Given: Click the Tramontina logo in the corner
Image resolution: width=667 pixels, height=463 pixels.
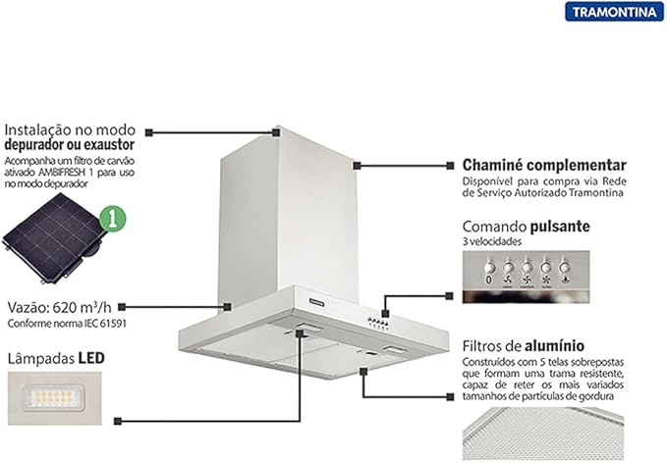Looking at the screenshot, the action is click(614, 12).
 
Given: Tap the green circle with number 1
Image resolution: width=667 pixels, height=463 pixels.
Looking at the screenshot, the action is click(112, 219).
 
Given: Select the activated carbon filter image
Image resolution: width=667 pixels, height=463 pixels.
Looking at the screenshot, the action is click(54, 237).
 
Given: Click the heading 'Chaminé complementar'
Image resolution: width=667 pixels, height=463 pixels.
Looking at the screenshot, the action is click(544, 165).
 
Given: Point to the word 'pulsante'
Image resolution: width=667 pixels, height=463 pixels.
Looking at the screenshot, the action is click(560, 227).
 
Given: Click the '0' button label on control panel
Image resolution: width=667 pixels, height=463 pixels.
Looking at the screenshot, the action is click(489, 280).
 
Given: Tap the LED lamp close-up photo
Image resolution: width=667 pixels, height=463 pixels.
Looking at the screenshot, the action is click(54, 398).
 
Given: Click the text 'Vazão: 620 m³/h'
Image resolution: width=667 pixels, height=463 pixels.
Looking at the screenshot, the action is click(60, 307).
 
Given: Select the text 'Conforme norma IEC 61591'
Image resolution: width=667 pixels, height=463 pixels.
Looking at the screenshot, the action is click(67, 324).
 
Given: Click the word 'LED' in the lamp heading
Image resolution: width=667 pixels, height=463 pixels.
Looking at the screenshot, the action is click(91, 358).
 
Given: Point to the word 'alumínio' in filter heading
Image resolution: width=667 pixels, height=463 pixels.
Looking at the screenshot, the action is click(554, 345).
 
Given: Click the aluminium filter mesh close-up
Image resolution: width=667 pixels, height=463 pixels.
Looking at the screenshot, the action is click(543, 434).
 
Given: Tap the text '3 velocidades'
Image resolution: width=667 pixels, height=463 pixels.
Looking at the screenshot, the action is click(492, 241).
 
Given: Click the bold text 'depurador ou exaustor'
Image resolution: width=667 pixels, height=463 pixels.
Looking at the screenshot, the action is click(70, 145).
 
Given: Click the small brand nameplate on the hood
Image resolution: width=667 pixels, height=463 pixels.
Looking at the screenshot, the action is click(317, 302).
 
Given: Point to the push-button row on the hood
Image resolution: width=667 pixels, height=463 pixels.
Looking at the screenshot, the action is click(378, 324).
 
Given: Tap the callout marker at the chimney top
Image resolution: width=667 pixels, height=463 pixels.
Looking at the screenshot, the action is click(276, 132).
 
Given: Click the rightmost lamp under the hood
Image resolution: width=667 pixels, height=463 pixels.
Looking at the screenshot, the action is click(395, 350).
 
